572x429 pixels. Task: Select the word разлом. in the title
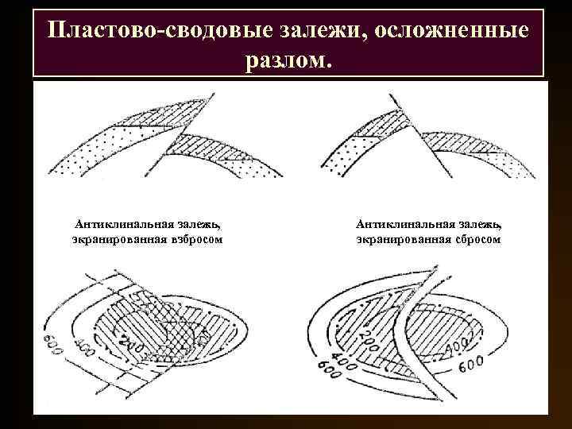click(287, 61)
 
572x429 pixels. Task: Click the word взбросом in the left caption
click(195, 238)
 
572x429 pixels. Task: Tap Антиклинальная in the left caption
click(120, 225)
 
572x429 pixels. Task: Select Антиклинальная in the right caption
click(402, 225)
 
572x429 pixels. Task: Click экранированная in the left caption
click(118, 238)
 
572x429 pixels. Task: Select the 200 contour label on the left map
click(126, 343)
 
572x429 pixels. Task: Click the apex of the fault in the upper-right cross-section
click(392, 95)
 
